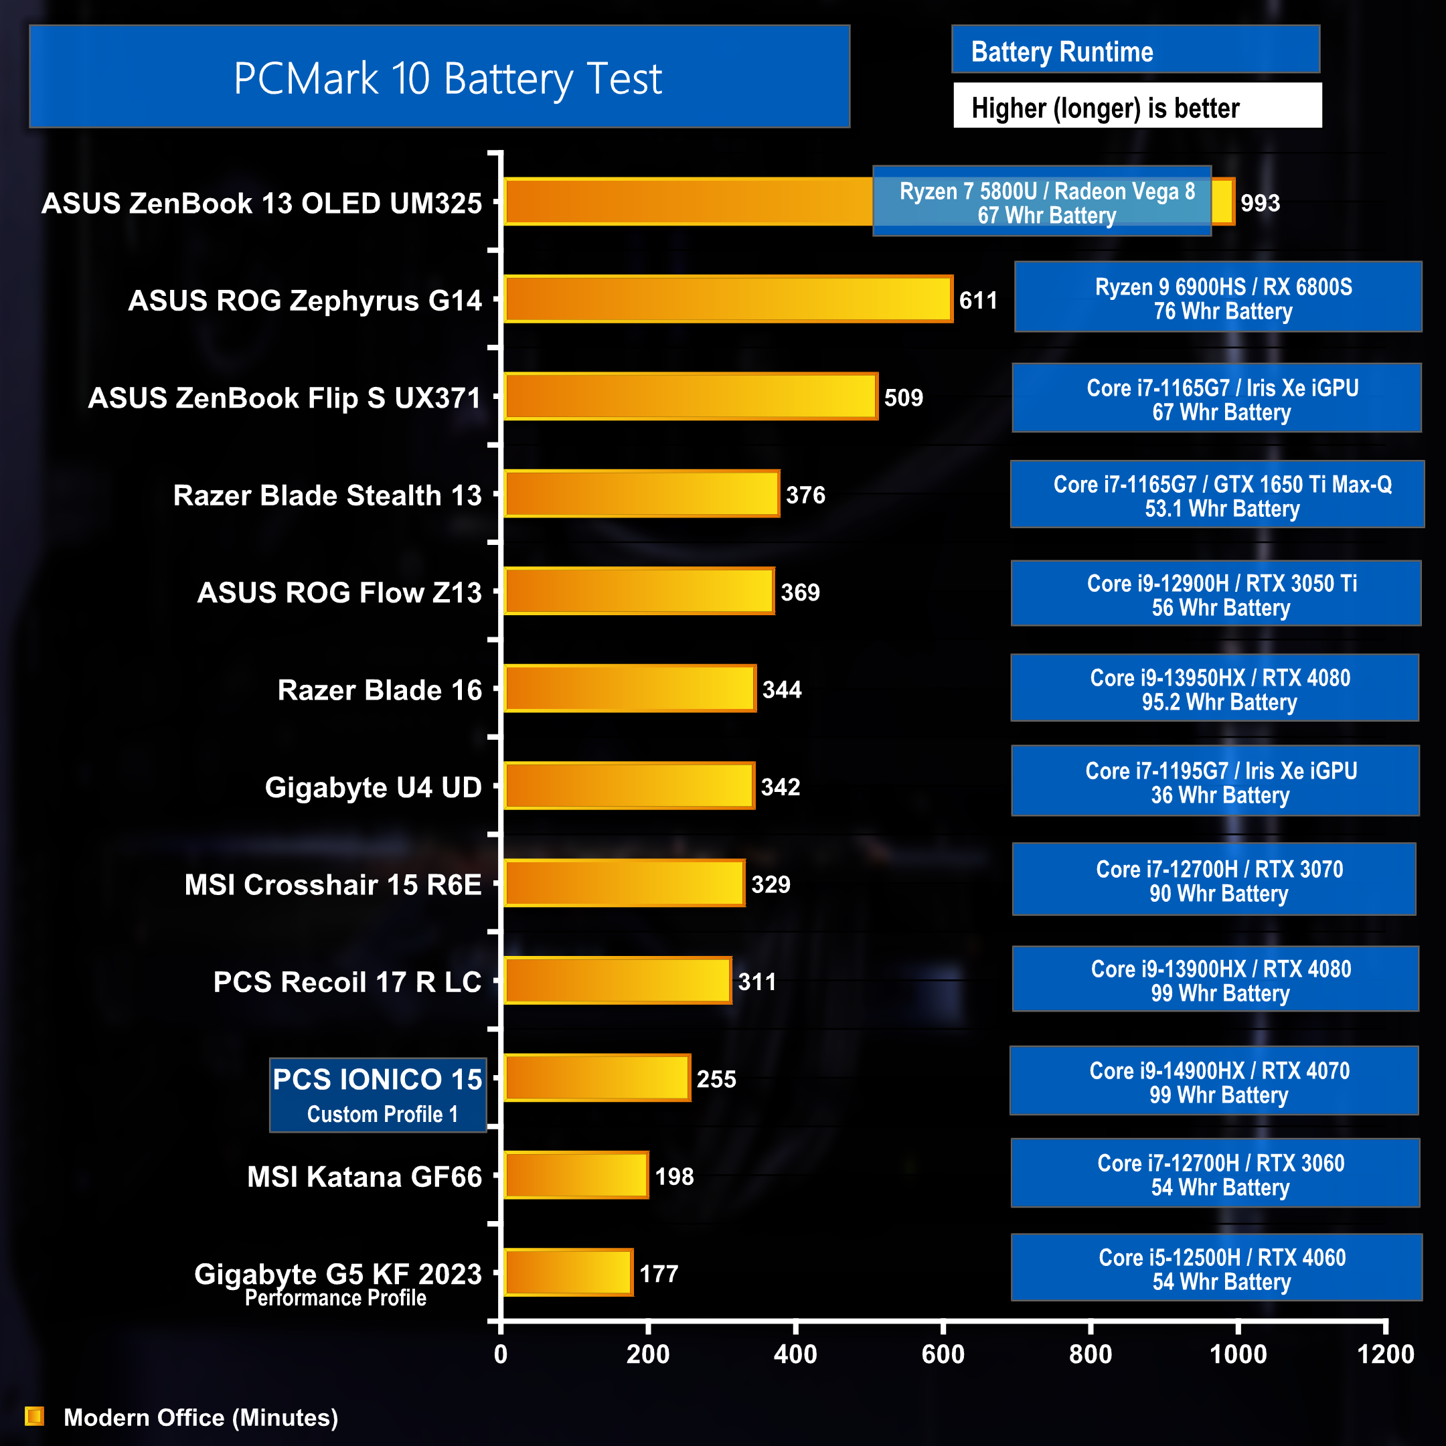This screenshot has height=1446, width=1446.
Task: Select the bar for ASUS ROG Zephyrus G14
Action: (x=728, y=299)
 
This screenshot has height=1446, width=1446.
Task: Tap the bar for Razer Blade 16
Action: (x=629, y=689)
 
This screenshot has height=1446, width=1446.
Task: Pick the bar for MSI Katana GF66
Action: (x=576, y=1175)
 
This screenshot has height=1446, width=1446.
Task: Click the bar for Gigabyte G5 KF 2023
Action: (x=568, y=1273)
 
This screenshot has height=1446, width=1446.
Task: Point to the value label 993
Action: (x=1260, y=203)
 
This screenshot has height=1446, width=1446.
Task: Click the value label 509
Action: (x=903, y=398)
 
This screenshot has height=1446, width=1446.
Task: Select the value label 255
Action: (x=716, y=1079)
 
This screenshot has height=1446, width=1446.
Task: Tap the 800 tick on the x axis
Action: (x=1091, y=1354)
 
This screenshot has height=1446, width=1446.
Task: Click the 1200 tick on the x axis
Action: (x=1385, y=1354)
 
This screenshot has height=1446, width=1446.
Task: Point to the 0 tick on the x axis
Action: (x=501, y=1354)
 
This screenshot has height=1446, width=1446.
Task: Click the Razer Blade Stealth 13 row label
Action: (x=327, y=495)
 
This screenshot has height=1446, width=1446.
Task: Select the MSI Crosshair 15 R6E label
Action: (x=333, y=884)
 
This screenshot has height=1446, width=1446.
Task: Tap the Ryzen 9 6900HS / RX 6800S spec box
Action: (x=1218, y=297)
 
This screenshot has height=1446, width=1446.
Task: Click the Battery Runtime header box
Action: (x=1135, y=51)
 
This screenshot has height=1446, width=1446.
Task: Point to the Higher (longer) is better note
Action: (x=1137, y=107)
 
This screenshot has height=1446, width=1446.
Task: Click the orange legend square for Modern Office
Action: (x=34, y=1416)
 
